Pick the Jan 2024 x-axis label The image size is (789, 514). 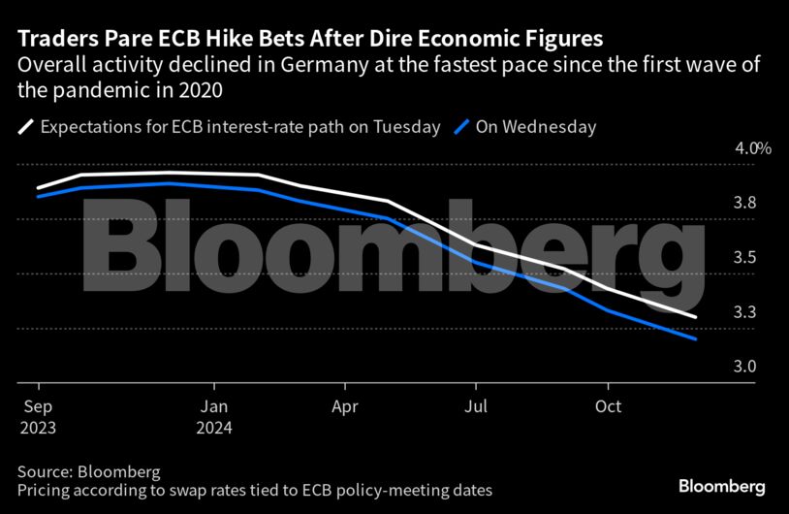214,415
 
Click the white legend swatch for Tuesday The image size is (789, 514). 26,126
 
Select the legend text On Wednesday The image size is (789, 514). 535,126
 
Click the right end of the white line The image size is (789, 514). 695,317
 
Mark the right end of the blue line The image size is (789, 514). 695,338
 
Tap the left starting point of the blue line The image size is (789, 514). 38,196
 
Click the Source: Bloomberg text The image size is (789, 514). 88,470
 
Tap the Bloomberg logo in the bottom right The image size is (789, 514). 722,485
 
